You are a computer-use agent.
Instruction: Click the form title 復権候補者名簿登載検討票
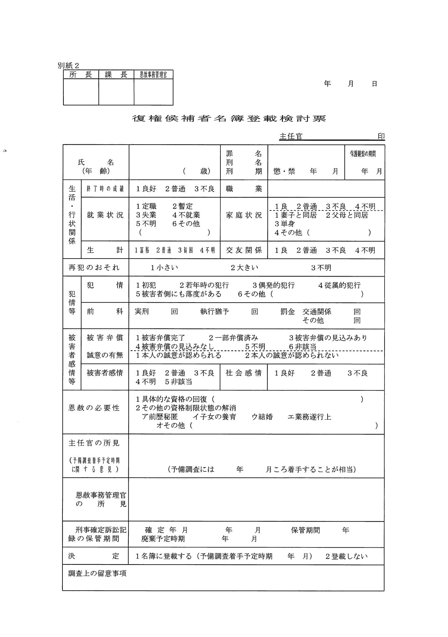point(229,119)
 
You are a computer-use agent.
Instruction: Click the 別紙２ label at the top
point(68,66)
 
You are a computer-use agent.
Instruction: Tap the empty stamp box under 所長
point(81,92)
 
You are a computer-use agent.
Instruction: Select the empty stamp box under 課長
point(116,92)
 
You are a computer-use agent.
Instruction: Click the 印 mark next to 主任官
point(381,136)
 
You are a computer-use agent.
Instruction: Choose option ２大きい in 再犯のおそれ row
point(244,268)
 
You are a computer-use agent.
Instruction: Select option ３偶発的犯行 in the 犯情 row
point(274,285)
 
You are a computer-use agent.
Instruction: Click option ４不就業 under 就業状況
point(186,215)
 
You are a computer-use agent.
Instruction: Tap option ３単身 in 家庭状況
point(284,224)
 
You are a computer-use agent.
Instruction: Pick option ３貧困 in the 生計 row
point(186,250)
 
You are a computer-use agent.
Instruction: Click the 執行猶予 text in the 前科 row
point(215,312)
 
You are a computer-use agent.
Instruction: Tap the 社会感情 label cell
point(244,373)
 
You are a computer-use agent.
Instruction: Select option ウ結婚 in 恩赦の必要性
point(262,417)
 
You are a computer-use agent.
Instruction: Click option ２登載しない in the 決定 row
point(346,556)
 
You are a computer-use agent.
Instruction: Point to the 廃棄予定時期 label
point(163,539)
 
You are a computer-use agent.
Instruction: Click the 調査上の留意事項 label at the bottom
point(97,574)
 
